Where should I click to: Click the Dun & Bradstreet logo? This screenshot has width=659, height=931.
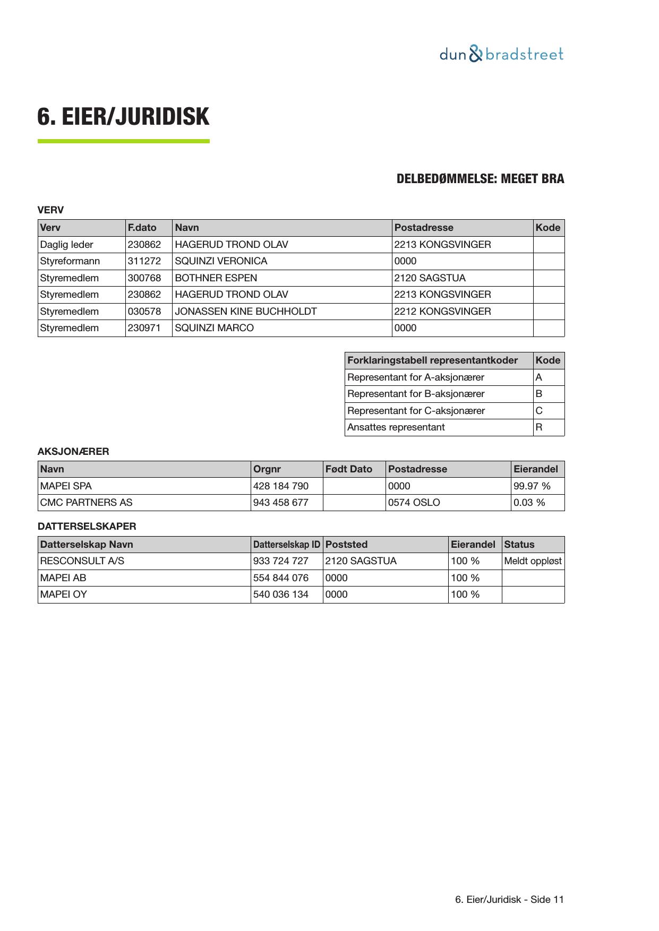click(x=501, y=54)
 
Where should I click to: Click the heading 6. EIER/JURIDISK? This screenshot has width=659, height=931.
click(x=123, y=117)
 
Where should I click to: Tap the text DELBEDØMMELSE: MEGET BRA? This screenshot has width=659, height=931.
click(x=480, y=179)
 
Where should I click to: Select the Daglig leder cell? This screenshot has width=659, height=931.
click(x=67, y=245)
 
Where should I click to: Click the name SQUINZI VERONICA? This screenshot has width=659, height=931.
click(x=221, y=261)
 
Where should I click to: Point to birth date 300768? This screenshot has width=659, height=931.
click(x=144, y=278)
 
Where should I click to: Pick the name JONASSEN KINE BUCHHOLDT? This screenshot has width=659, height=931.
click(x=246, y=312)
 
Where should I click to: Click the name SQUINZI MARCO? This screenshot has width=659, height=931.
click(x=214, y=328)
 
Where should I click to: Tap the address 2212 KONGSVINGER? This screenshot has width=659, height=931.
click(x=442, y=312)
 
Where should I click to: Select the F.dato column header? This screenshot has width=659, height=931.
click(x=142, y=228)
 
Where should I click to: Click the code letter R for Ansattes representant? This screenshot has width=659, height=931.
click(x=539, y=427)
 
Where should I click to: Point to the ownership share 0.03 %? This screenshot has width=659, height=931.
click(x=529, y=503)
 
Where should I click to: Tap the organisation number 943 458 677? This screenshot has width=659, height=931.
click(x=280, y=503)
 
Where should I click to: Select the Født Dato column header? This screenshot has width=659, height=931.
click(x=349, y=469)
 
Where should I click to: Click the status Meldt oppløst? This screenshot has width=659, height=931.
click(x=533, y=561)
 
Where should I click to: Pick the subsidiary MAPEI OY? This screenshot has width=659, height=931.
click(x=63, y=594)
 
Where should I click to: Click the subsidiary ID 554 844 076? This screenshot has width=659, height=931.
click(x=280, y=578)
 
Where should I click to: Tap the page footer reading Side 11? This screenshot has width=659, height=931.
click(x=510, y=900)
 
